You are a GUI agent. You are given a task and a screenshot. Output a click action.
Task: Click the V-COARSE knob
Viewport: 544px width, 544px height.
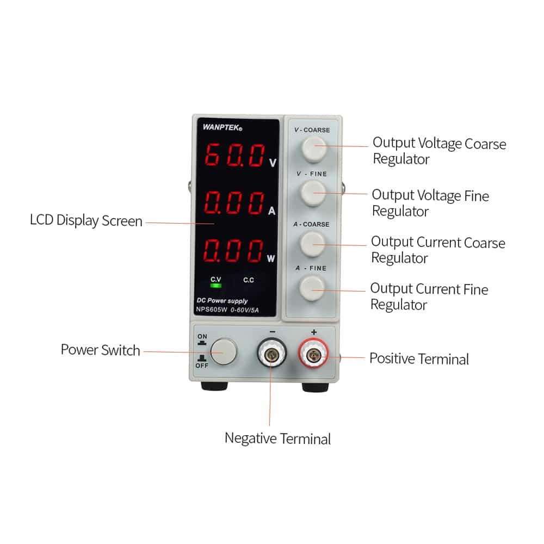point(314,149)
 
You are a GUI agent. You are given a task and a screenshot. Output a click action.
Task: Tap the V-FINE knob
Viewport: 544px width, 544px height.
point(313,194)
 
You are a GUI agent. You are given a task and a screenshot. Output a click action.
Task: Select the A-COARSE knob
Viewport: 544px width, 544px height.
point(313,244)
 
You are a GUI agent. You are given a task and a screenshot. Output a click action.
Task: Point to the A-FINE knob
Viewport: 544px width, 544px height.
point(312,288)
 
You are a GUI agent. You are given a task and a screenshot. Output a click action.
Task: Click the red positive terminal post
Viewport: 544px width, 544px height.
point(313,354)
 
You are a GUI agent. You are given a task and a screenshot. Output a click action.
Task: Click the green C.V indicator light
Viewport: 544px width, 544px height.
point(216,286)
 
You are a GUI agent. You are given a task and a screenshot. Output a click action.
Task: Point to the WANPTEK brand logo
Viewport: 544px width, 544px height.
point(222,127)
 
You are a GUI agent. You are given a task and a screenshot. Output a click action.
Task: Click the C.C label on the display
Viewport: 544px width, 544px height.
point(249,280)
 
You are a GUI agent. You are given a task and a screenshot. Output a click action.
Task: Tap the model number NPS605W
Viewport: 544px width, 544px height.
point(212,310)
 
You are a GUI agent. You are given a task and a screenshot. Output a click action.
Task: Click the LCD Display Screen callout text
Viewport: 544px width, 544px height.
point(86,221)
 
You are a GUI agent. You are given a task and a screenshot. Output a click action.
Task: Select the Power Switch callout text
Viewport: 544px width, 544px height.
point(100,350)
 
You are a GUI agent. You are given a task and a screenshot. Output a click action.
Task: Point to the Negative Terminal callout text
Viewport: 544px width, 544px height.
point(278,438)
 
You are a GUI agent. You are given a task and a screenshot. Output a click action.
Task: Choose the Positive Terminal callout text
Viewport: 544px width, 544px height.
point(419,358)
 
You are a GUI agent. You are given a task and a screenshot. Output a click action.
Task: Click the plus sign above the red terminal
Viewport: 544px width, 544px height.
point(314,332)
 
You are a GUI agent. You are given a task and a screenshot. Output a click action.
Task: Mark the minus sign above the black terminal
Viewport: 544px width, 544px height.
point(273,332)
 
